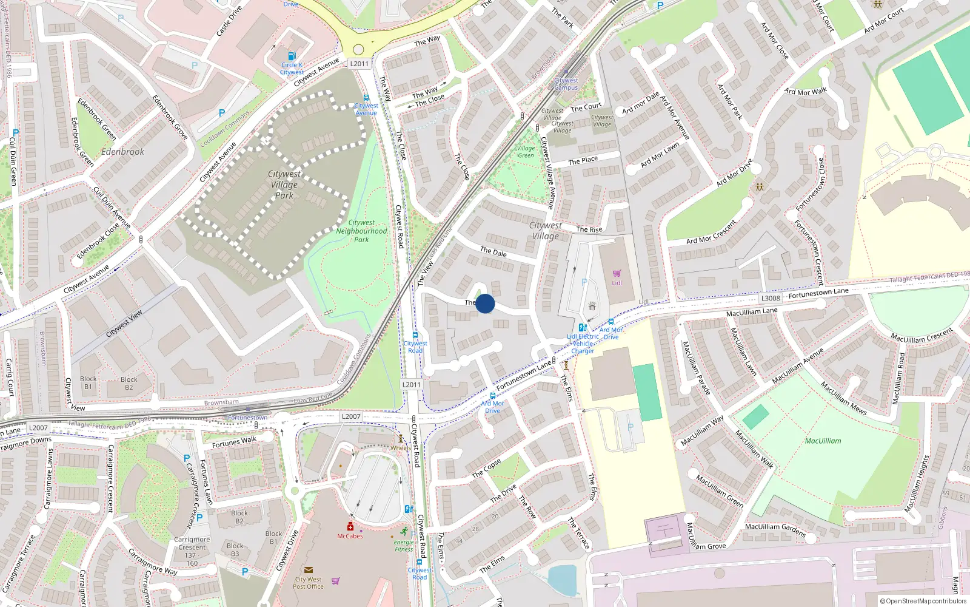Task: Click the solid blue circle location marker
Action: tap(485, 303)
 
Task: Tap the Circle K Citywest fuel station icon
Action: tap(292, 56)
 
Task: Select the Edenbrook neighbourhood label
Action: tap(123, 152)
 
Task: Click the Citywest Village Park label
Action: tap(284, 185)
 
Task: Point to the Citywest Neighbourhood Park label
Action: tap(361, 231)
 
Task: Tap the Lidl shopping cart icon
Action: tap(617, 274)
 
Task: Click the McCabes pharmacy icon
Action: tap(350, 526)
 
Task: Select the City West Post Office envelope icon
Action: tap(308, 570)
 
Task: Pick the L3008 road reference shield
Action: tap(771, 298)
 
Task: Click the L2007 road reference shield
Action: tap(351, 416)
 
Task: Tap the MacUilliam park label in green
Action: tap(823, 441)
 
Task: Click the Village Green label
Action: tap(526, 152)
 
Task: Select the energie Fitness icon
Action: tap(404, 532)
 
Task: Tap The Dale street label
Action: tap(493, 251)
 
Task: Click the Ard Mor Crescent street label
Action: tap(712, 232)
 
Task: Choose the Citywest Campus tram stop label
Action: tap(566, 84)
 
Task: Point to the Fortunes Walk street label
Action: tap(234, 442)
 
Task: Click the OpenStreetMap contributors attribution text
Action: tap(923, 601)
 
